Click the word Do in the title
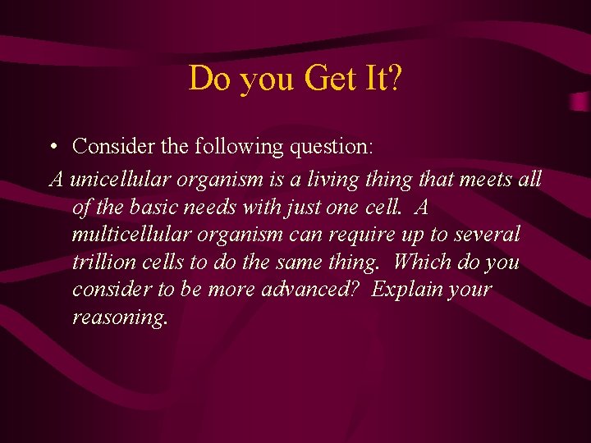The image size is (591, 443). coord(206,79)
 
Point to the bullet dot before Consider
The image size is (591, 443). coord(52,148)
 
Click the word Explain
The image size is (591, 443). coord(403,290)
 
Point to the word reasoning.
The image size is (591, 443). coord(120,317)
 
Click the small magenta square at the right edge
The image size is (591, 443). coord(580,101)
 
